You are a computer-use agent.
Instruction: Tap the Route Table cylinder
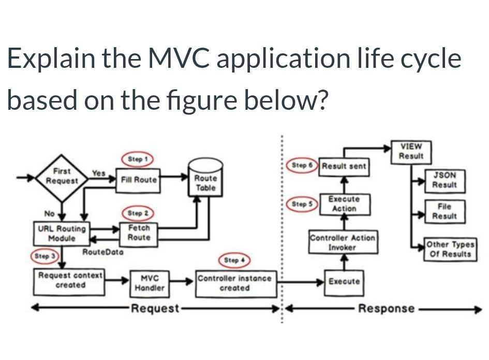(x=205, y=181)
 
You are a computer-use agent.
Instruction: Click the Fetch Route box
(x=139, y=233)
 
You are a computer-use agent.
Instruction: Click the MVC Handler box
(x=149, y=283)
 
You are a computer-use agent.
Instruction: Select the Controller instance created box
(x=234, y=283)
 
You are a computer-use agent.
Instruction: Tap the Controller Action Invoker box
(x=343, y=242)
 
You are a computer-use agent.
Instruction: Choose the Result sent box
(x=344, y=166)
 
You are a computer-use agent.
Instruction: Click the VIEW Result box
(x=411, y=151)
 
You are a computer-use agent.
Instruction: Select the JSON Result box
(x=444, y=180)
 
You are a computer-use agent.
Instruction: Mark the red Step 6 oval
(x=303, y=166)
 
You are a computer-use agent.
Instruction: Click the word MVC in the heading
(x=179, y=59)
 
